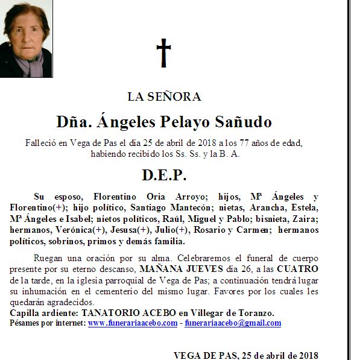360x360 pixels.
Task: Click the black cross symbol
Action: (163, 53)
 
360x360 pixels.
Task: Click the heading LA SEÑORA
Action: (164, 96)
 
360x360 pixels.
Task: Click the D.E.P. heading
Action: (164, 175)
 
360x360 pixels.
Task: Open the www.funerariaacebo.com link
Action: (132, 323)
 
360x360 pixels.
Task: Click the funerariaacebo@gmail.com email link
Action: (233, 323)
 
